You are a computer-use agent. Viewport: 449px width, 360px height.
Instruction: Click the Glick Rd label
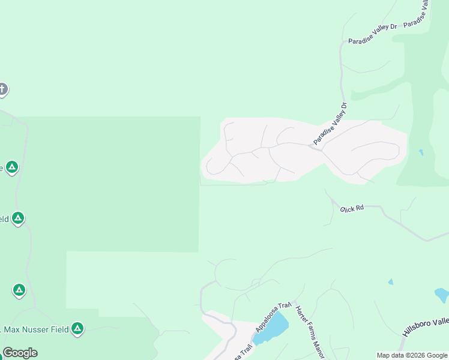click(352, 208)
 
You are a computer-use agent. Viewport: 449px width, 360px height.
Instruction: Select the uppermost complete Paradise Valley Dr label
click(373, 34)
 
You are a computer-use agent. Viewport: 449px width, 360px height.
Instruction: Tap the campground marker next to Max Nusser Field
click(77, 328)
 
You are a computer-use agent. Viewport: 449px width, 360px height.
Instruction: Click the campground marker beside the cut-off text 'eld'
click(18, 218)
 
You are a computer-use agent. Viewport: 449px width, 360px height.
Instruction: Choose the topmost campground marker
click(12, 167)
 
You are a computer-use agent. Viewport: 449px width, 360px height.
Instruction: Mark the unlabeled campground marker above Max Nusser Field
click(19, 291)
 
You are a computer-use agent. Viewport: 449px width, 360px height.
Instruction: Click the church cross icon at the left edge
click(2, 90)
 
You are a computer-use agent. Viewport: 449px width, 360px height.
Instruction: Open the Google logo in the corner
click(20, 353)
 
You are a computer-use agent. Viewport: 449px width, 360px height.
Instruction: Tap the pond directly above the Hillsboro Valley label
click(441, 295)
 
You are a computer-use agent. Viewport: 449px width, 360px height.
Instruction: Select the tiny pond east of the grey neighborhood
click(421, 152)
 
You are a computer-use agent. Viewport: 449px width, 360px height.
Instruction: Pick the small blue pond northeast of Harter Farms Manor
click(391, 281)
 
